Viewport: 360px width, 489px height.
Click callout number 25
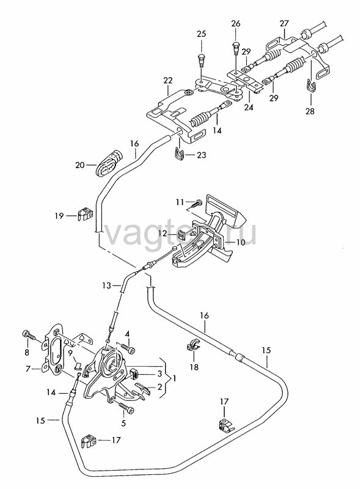(x=202, y=34)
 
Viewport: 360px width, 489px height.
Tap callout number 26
(x=236, y=23)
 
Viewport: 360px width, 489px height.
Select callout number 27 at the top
(x=284, y=24)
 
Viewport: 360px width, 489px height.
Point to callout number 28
(x=310, y=111)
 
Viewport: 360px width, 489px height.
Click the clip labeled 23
(x=178, y=153)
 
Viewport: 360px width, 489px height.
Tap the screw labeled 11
(x=195, y=205)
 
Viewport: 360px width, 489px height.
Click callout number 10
(x=241, y=242)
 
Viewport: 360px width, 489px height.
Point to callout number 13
(x=107, y=285)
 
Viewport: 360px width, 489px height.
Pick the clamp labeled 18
(x=193, y=345)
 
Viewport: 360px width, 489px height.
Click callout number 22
(x=168, y=81)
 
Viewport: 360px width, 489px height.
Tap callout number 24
(x=249, y=108)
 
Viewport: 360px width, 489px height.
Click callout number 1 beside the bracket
(x=174, y=378)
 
